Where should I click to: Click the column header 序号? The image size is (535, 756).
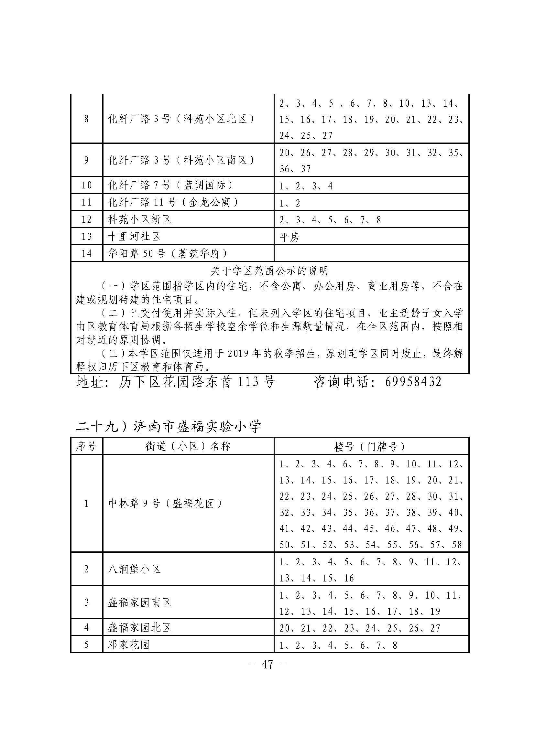tap(86, 446)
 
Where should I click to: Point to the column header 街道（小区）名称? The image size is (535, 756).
tap(188, 446)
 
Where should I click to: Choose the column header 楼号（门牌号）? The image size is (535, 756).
tap(371, 446)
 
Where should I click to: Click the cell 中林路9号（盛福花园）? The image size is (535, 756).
tap(166, 504)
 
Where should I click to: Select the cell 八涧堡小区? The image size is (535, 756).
tap(135, 569)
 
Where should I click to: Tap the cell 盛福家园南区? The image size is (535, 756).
tap(140, 602)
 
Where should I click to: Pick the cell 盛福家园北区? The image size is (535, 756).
tap(140, 627)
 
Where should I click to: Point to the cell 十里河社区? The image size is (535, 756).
tap(135, 236)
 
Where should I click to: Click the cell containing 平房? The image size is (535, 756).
tap(289, 237)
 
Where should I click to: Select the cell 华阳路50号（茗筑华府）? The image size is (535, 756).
tap(168, 253)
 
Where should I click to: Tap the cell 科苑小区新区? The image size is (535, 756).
tap(140, 219)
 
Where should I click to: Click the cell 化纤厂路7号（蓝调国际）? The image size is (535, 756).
tap(171, 186)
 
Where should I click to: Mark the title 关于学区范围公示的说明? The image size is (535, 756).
tap(269, 271)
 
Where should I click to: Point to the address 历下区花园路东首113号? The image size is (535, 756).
tap(197, 382)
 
